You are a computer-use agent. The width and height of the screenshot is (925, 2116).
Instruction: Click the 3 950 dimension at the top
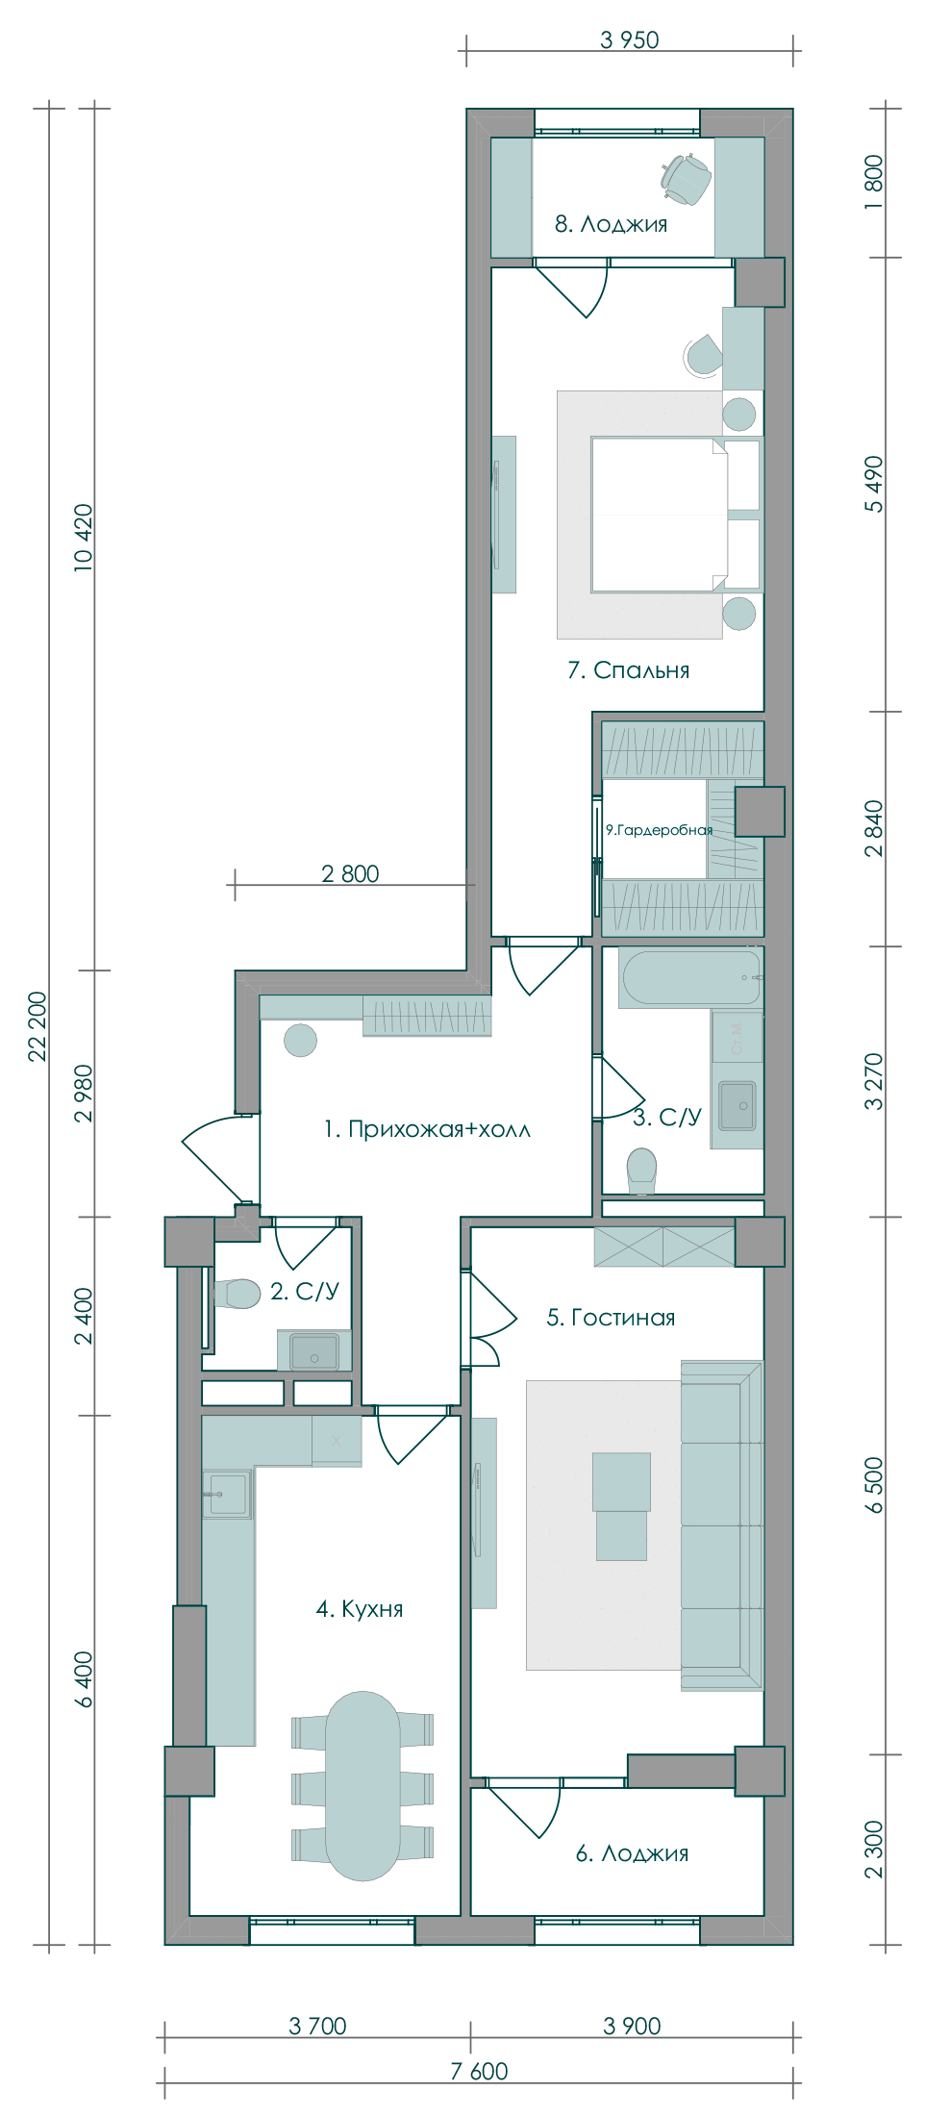630,40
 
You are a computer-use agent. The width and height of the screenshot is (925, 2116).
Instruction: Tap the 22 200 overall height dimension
37,1025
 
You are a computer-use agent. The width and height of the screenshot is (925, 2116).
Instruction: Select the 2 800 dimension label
350,873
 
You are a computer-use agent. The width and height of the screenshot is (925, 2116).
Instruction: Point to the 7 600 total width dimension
479,2071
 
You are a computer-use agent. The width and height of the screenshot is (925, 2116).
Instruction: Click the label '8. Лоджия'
611,224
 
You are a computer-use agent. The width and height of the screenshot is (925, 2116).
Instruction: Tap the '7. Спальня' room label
628,670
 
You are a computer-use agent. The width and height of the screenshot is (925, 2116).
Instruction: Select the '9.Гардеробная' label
659,830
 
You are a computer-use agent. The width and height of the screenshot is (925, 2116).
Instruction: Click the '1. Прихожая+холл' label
427,1129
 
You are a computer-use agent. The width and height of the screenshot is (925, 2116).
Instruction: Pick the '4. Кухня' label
360,1608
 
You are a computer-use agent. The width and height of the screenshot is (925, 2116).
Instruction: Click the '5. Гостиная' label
611,1318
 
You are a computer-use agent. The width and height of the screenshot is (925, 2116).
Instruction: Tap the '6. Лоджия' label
632,1853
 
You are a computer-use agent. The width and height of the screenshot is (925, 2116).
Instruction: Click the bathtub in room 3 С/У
690,977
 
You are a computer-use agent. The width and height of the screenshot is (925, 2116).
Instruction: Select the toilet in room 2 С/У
236,1294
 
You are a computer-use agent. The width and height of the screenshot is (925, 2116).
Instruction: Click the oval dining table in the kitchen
362,1785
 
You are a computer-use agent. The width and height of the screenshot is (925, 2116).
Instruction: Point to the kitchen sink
228,1494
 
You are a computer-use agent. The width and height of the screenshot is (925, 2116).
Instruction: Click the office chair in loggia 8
686,179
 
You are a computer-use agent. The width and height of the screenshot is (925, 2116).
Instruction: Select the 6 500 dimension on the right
873,1485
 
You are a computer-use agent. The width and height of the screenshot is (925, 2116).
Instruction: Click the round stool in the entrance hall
301,1041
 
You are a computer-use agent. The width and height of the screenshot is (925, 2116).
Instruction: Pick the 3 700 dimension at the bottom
317,2026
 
